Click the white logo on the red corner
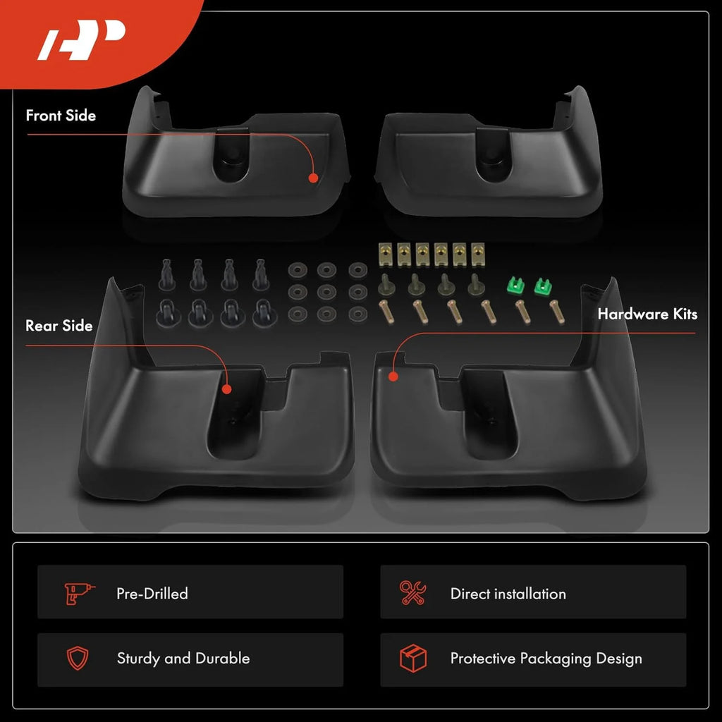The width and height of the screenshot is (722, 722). point(82,39)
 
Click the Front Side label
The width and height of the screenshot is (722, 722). point(61,115)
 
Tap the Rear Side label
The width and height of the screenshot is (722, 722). point(59,326)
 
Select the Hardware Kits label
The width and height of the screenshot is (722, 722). point(647,314)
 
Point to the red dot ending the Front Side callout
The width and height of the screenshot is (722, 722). point(313,178)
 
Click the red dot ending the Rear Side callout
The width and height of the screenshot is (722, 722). point(226,389)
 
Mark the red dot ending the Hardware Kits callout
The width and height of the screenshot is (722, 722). point(393,377)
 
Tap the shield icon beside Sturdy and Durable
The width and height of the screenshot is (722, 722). point(78,658)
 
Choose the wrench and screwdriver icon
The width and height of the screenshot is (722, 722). point(413,592)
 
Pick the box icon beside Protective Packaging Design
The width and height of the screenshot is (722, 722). point(413,658)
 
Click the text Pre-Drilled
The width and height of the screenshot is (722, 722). point(152,594)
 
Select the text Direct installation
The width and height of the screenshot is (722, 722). point(508,594)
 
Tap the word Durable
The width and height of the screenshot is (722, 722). point(223,658)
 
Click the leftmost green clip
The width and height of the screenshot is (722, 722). point(515,286)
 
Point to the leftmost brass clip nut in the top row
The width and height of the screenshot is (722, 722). point(385,254)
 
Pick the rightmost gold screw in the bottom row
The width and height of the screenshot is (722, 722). point(557,311)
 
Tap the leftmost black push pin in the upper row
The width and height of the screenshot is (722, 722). point(166,275)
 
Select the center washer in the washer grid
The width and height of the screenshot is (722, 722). point(326,292)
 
